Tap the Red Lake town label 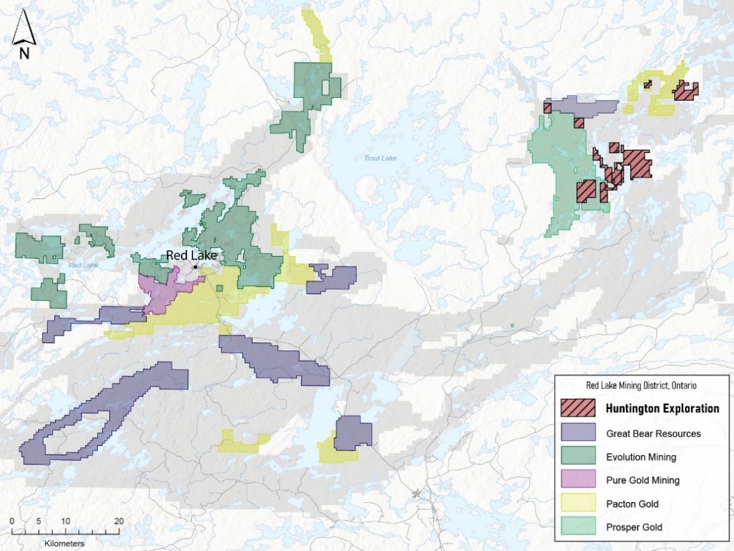pos(192,255)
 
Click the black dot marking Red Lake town pos(195,267)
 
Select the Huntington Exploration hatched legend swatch pos(578,408)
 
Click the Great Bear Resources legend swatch pos(578,433)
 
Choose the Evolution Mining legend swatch pos(578,457)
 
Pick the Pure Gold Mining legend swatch pos(578,480)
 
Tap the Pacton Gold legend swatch pos(578,503)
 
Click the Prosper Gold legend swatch pos(578,527)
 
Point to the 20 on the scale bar pos(118,521)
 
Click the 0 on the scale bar pos(12,521)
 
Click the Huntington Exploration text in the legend pos(662,408)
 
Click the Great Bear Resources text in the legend pos(653,433)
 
